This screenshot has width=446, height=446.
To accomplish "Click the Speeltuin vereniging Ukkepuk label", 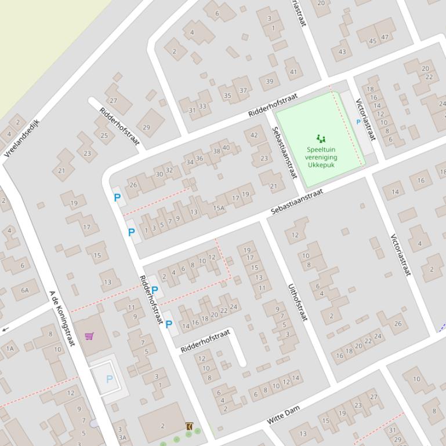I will click(321, 157).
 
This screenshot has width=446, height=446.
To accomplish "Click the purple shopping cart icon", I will click(89, 336).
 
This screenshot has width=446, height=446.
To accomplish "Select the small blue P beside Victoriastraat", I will click(358, 122).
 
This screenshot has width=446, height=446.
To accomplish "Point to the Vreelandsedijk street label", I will click(21, 138).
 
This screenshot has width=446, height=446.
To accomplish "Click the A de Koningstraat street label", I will click(63, 319).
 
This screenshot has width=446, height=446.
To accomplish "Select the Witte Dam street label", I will click(284, 415).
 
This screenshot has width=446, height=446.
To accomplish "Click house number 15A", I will click(219, 208).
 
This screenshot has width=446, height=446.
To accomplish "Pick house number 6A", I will click(25, 290).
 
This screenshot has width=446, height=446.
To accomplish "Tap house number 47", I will click(385, 37).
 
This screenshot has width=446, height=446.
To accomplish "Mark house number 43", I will click(342, 52).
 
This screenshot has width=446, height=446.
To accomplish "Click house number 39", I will click(269, 81).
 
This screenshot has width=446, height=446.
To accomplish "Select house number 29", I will click(146, 127).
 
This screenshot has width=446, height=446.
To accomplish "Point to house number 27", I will click(113, 100).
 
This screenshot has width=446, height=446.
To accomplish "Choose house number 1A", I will click(10, 348).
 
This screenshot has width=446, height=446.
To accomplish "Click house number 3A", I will click(122, 437).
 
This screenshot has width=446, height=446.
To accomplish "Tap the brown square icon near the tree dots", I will click(189, 426).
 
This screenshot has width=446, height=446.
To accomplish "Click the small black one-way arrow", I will click(5, 330).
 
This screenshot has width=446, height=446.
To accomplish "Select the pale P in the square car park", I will click(109, 379).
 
